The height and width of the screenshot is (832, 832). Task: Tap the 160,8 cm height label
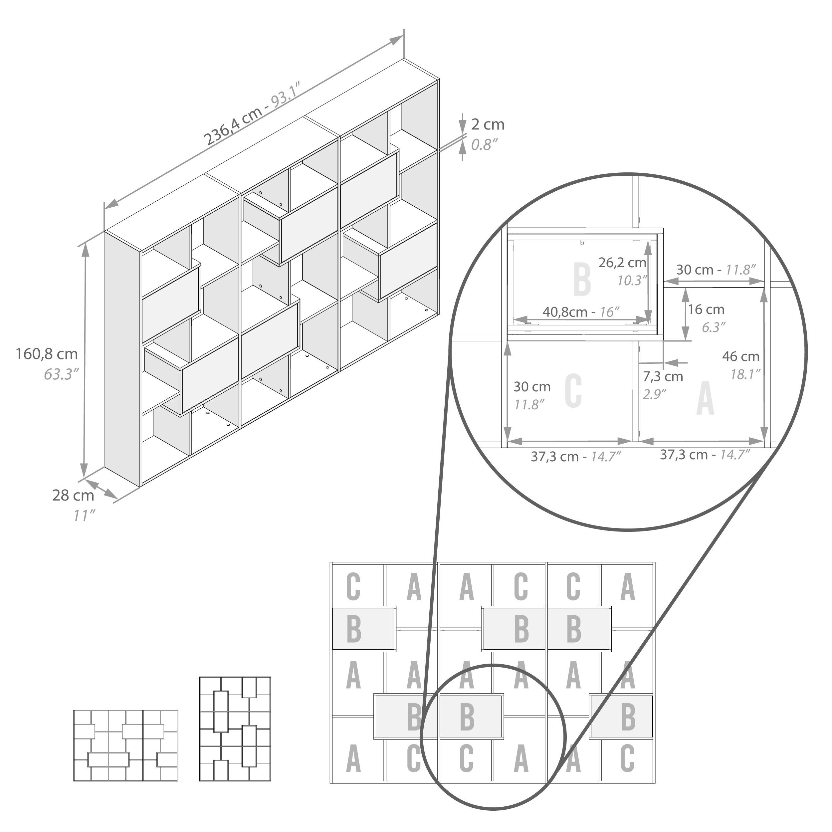tap(47, 354)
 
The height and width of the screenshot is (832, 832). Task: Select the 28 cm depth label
tap(73, 496)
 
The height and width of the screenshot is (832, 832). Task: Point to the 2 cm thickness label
tap(488, 124)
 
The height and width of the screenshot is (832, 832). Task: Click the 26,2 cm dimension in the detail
tap(622, 262)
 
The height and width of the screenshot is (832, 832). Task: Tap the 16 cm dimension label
tap(706, 309)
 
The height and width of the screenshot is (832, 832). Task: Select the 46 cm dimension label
tap(741, 356)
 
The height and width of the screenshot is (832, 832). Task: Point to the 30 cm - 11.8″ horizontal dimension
tap(716, 270)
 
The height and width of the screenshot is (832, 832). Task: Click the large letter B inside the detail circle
tap(582, 280)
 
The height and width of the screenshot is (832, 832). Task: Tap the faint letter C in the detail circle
tap(573, 391)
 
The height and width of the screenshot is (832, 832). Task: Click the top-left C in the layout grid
tap(353, 587)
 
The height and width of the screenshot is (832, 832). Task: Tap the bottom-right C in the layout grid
tap(627, 758)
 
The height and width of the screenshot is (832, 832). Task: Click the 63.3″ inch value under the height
tap(61, 374)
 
